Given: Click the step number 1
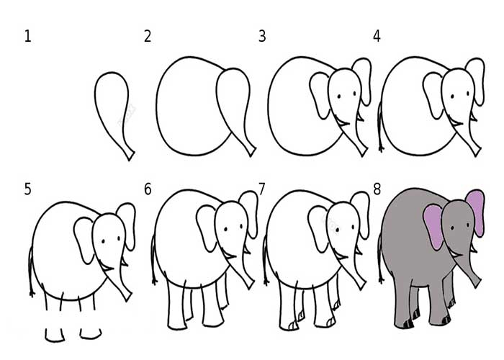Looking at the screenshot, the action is point(27,36).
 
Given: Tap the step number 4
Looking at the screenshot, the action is point(377,36).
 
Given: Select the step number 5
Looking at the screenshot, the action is point(27,189).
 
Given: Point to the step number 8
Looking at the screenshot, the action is point(377,189).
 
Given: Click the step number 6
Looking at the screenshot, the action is point(148,189).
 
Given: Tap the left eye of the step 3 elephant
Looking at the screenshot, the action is point(339,96).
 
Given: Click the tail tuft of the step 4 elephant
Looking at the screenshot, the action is point(381,148).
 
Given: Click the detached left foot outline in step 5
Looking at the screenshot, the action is point(55,336).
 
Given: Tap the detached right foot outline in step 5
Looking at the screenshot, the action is point(91,334).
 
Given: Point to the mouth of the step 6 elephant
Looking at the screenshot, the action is point(229,256).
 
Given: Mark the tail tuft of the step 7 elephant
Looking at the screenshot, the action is point(266,282).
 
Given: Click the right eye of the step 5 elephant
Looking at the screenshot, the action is point(119,238).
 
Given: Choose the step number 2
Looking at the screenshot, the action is point(148,36).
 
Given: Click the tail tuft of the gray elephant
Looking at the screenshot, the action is point(381,280).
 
